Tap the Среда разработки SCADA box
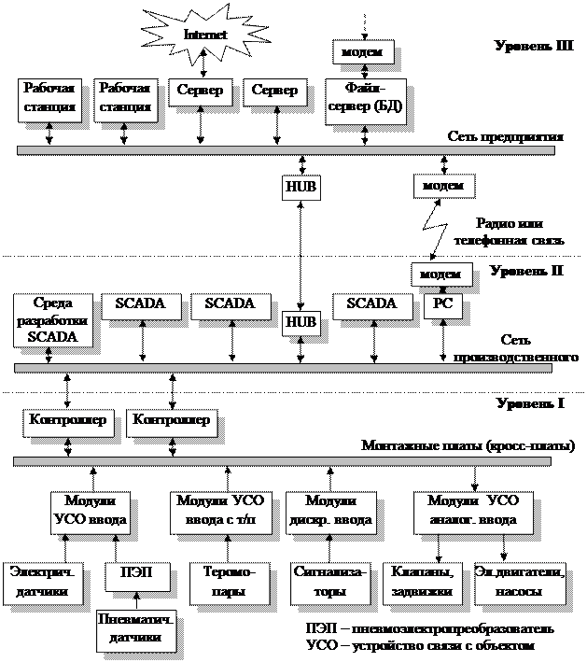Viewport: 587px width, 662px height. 52,320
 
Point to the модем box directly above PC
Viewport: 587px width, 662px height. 440,274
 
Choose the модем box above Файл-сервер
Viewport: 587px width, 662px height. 362,52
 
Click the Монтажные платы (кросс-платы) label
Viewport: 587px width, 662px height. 468,446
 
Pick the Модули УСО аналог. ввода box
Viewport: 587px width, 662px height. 473,510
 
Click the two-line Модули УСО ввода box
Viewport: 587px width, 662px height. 90,510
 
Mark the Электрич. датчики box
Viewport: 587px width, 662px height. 42,582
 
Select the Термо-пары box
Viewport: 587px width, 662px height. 230,582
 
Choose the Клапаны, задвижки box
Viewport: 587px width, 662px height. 422,582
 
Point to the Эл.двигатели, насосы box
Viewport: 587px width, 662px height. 520,582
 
